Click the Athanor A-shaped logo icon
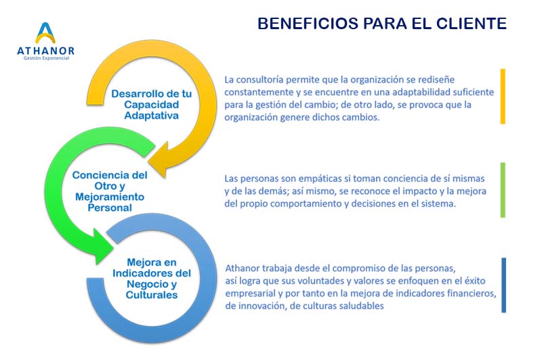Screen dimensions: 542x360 pos(45,33)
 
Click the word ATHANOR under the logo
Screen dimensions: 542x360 pos(45,51)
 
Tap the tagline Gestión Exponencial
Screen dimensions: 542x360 pos(46,58)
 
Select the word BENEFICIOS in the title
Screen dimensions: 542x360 pos(308,24)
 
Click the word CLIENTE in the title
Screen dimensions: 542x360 pos(472,24)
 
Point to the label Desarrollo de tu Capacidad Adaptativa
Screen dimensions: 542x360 pos(151,104)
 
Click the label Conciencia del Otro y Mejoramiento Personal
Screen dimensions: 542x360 pos(110,191)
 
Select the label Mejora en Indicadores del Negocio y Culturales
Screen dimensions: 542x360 pos(151,279)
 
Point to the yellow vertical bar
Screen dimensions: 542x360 pos(503,96)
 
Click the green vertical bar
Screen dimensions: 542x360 pos(503,191)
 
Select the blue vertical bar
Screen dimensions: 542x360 pos(503,285)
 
